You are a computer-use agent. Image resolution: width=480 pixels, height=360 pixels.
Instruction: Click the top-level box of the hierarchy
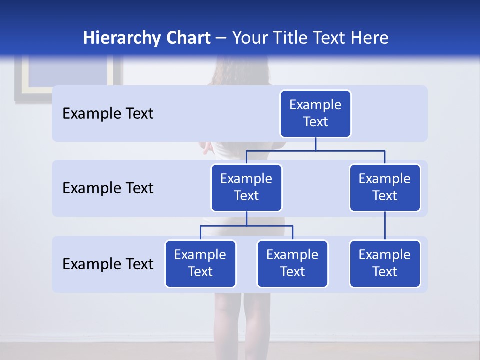(315, 113)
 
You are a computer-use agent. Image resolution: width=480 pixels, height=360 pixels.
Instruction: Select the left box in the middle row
(246, 187)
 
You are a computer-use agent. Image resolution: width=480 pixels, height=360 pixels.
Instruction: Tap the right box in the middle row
(385, 187)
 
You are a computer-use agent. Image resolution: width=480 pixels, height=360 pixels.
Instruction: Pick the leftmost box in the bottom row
(200, 263)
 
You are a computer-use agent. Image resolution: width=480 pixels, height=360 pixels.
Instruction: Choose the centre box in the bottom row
(292, 263)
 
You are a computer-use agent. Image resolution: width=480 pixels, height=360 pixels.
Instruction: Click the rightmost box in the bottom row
(385, 263)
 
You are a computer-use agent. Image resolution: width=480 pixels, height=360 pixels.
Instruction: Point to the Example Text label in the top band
(108, 114)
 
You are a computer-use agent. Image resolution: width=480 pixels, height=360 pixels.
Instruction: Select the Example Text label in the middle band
(108, 188)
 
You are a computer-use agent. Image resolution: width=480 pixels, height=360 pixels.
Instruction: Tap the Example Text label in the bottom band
(108, 264)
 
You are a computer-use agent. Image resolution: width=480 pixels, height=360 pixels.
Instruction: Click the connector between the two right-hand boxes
(385, 226)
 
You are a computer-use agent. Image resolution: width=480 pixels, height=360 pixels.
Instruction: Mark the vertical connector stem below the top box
(315, 144)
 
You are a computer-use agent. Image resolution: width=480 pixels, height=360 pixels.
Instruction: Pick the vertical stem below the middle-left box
(246, 219)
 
